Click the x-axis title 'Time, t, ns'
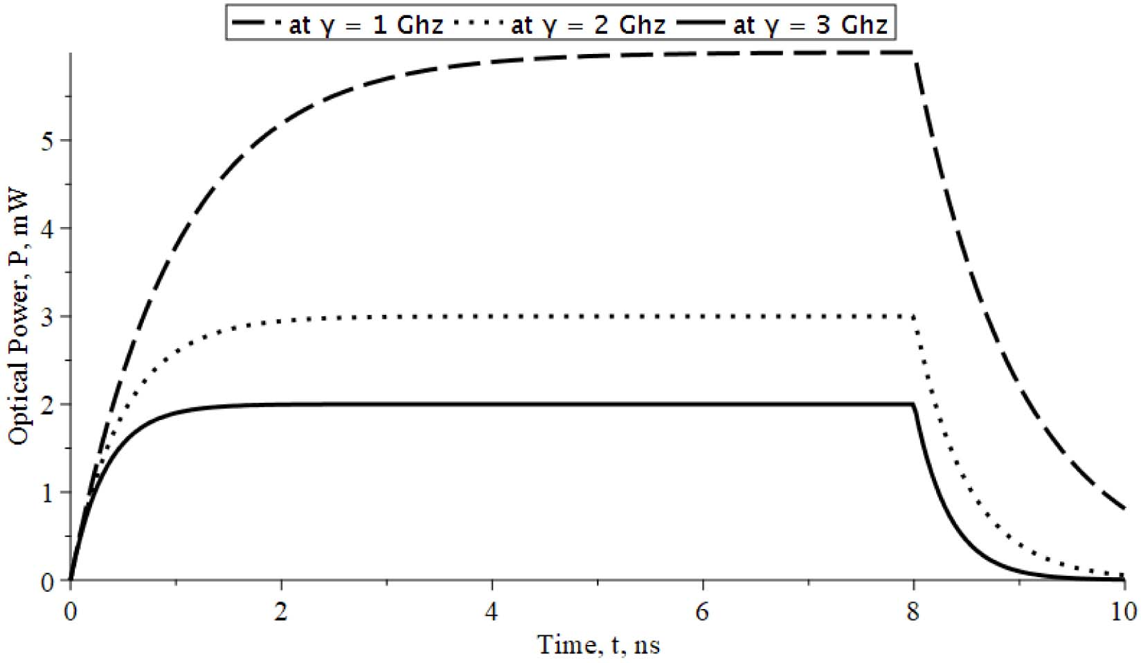pyautogui.click(x=598, y=645)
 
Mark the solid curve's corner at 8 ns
pyautogui.click(x=914, y=404)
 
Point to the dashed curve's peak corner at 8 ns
pyautogui.click(x=914, y=53)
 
